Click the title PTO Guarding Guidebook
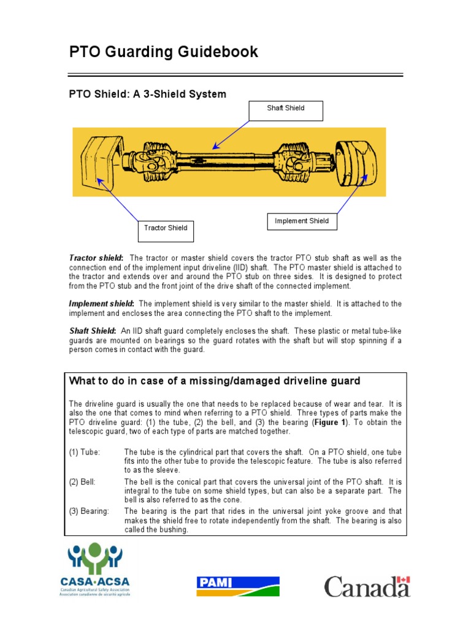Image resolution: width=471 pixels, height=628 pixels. [x=163, y=52]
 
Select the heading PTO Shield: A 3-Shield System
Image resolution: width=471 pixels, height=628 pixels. [x=147, y=94]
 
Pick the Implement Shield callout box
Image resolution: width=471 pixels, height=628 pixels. [x=302, y=221]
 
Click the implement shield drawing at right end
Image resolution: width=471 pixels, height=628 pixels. [x=356, y=162]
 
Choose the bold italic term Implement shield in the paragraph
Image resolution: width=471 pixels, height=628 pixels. [x=101, y=304]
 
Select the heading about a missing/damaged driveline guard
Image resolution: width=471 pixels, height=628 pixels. [x=215, y=381]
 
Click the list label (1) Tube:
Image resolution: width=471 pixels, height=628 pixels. [x=84, y=452]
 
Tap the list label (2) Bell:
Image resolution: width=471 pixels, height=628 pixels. [x=82, y=482]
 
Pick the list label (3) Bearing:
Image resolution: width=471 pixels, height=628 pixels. [x=89, y=511]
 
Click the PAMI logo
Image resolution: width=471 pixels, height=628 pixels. [x=238, y=586]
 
